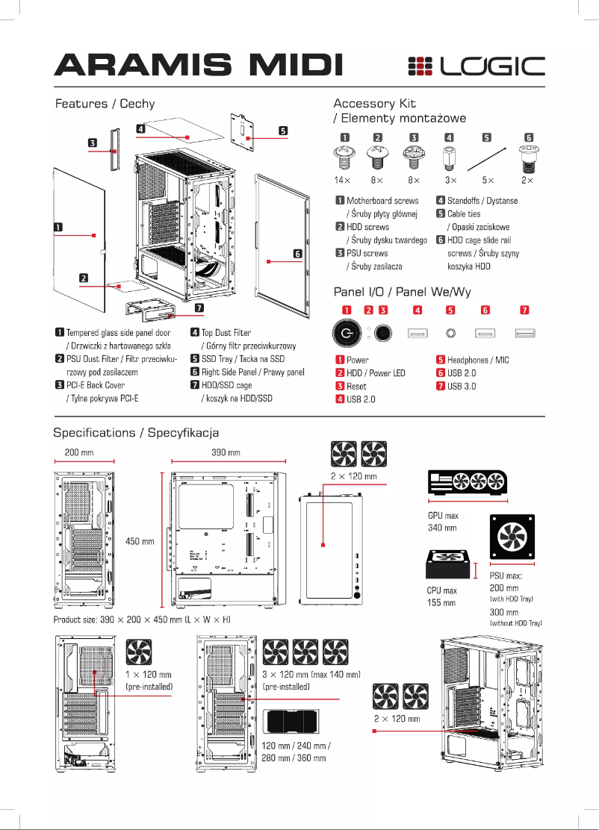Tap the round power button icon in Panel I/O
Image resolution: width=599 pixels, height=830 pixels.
(x=347, y=333)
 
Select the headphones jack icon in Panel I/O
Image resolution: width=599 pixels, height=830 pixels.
(x=450, y=333)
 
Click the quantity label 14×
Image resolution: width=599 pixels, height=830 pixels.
(x=342, y=181)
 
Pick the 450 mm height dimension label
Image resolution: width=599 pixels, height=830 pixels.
(x=140, y=541)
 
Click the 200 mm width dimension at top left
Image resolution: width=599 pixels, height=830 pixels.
(x=79, y=453)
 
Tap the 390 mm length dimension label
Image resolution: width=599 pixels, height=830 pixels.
(x=226, y=453)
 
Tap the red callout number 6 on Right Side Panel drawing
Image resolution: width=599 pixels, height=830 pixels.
(x=297, y=254)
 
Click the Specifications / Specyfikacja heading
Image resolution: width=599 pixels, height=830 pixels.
(x=136, y=433)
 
